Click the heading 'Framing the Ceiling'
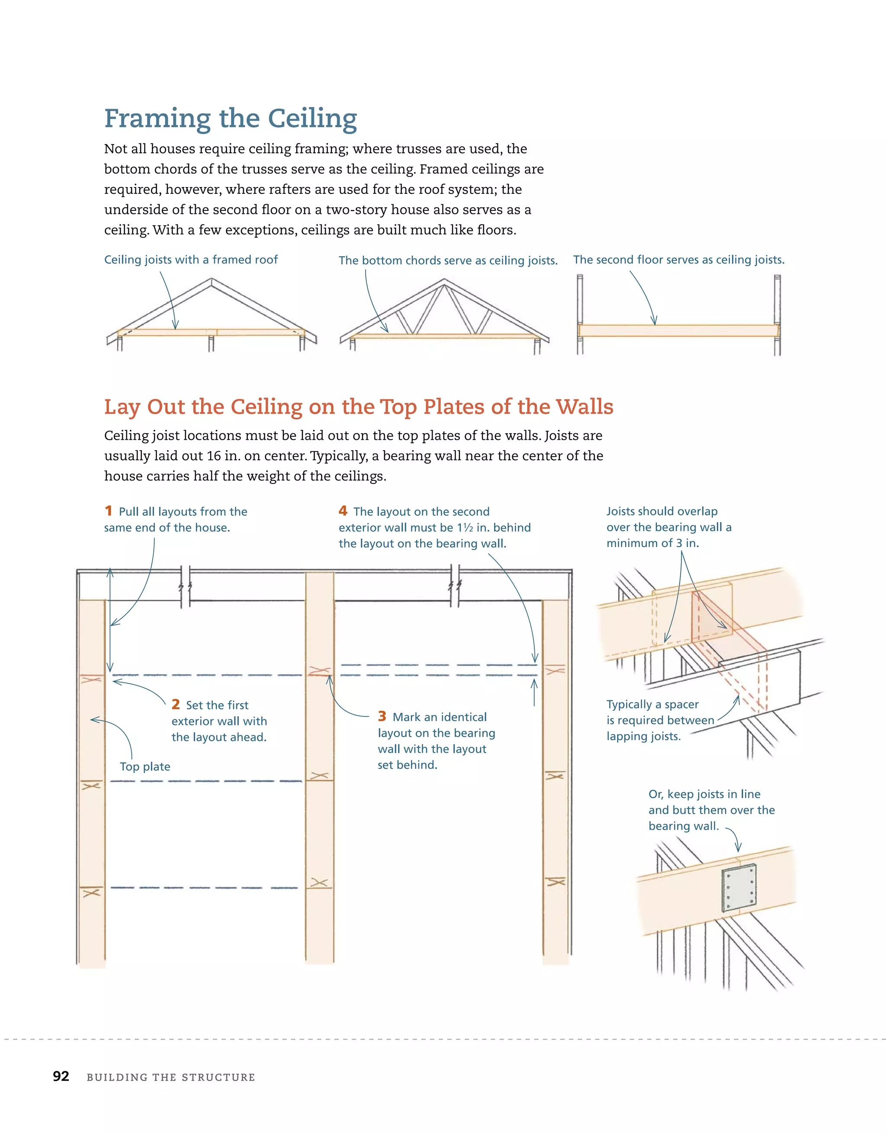pyautogui.click(x=231, y=119)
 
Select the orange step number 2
pyautogui.click(x=176, y=705)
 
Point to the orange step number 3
pyautogui.click(x=382, y=716)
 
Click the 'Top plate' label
pyautogui.click(x=145, y=767)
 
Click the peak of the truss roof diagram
pyautogui.click(x=444, y=280)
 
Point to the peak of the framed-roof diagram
pyautogui.click(x=211, y=280)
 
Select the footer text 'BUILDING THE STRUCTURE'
pyautogui.click(x=171, y=1077)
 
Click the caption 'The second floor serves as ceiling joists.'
pyautogui.click(x=678, y=260)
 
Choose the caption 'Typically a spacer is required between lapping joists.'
pyautogui.click(x=659, y=720)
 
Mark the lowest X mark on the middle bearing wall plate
pyautogui.click(x=319, y=883)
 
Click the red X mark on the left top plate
pyautogui.click(x=91, y=679)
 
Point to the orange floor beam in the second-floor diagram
pyautogui.click(x=678, y=331)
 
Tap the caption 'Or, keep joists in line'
pyautogui.click(x=704, y=794)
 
